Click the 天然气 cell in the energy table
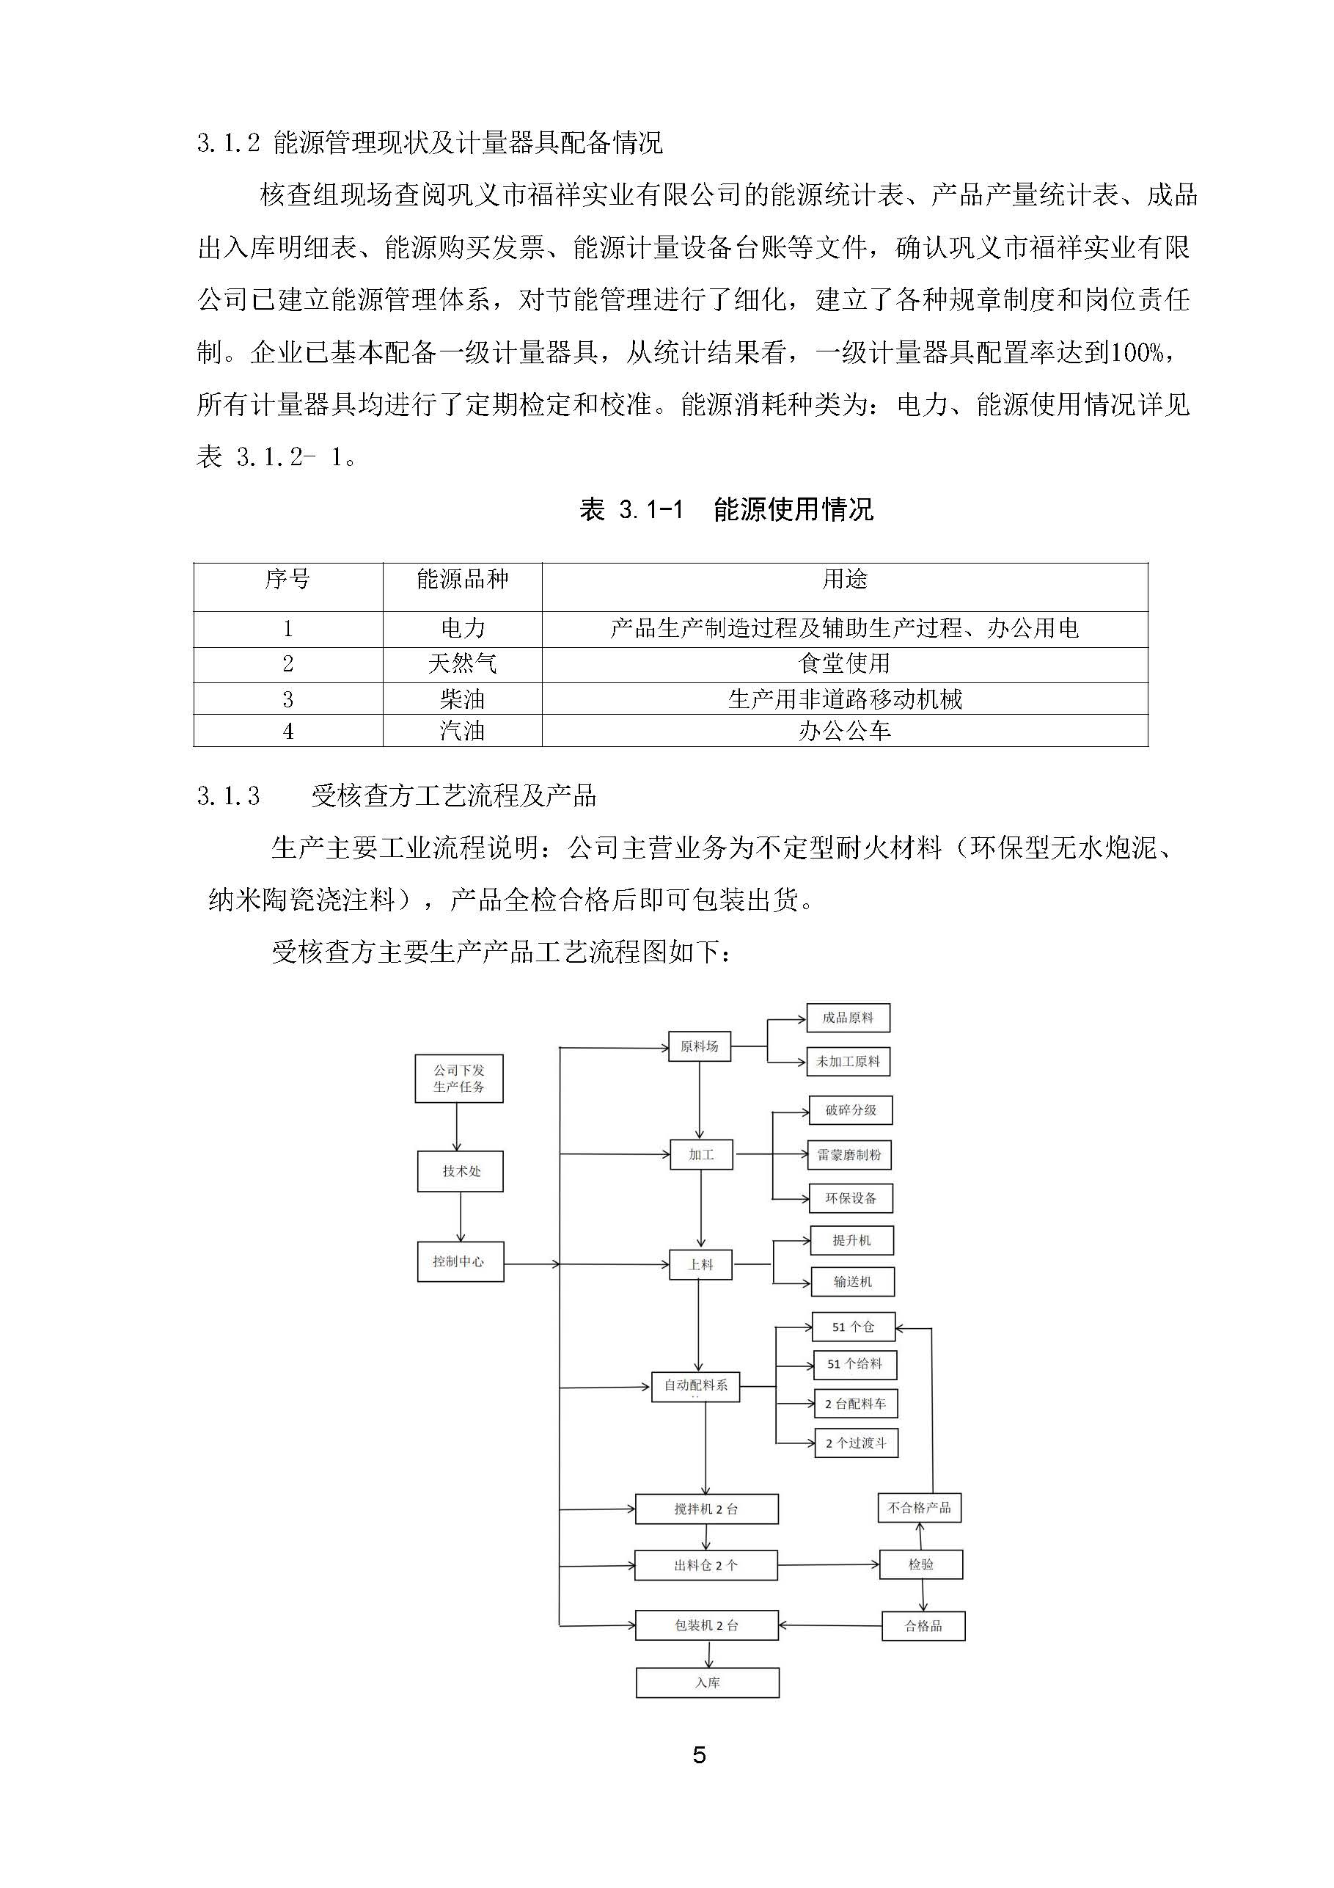pos(462,663)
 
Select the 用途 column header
pos(844,580)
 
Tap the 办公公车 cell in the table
pos(844,731)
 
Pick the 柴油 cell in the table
pos(462,699)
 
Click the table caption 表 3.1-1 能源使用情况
pos(726,510)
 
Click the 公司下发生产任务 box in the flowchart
pos(458,1078)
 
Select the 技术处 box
pos(461,1171)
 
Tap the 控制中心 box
pos(460,1261)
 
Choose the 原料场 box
pos(700,1046)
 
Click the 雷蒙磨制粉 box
pos(850,1154)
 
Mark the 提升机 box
pos(851,1240)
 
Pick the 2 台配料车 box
pos(856,1404)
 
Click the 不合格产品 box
pos(919,1507)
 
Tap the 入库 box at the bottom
pos(707,1683)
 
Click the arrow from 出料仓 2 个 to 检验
pos(828,1565)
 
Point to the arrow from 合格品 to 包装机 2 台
pos(829,1625)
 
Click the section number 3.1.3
pos(229,796)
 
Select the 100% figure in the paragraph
pos(1137,353)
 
